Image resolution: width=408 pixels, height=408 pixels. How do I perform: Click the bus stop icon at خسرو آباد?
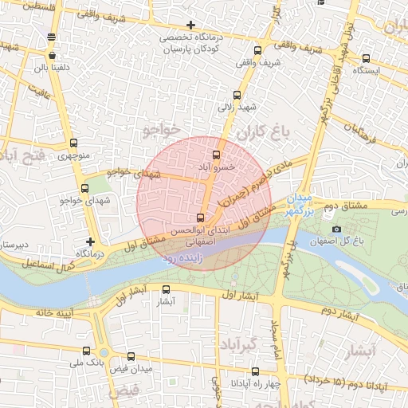[x=216, y=155]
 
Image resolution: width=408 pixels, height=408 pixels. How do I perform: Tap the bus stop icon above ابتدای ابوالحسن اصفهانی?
[x=199, y=218]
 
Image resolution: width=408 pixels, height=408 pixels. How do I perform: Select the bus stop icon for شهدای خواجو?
[x=84, y=189]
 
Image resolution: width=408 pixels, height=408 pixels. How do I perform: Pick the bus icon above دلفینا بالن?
[x=53, y=56]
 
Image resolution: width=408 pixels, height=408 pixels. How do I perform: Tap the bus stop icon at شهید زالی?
[x=236, y=95]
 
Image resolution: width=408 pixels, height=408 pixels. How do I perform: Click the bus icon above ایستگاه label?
[x=366, y=58]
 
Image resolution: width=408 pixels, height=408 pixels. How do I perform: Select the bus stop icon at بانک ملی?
[x=86, y=351]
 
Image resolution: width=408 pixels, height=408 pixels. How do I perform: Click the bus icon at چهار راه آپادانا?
[x=255, y=371]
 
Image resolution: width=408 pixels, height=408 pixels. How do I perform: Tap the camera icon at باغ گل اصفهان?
[x=336, y=229]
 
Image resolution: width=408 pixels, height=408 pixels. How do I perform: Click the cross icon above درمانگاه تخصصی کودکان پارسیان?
[x=190, y=25]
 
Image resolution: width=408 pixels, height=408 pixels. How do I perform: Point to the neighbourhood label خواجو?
[x=162, y=129]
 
